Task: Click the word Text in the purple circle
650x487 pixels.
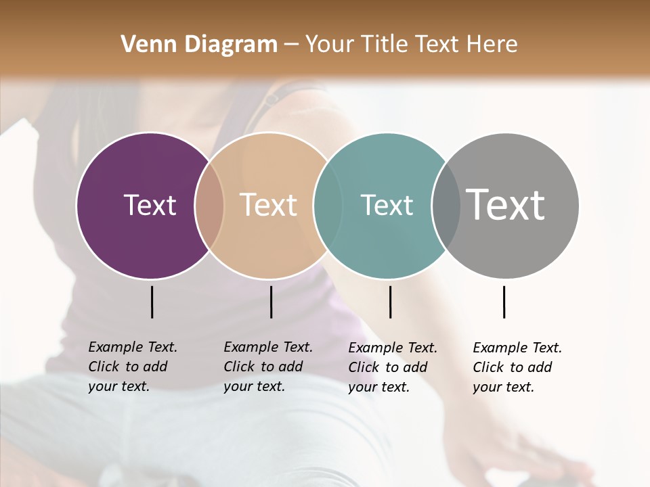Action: click(150, 205)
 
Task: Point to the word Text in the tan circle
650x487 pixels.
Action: click(269, 205)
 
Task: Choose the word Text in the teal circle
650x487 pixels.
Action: click(387, 205)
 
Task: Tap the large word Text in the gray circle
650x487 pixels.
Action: click(505, 204)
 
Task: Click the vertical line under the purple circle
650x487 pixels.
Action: click(152, 302)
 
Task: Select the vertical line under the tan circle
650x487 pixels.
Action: click(271, 302)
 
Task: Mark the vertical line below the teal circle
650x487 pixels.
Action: click(390, 302)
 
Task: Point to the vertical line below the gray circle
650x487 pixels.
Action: click(504, 302)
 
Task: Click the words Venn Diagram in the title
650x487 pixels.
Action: click(199, 45)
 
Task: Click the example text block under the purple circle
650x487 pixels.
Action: click(132, 367)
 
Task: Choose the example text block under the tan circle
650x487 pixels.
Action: click(267, 367)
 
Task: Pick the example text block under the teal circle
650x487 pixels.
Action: click(392, 367)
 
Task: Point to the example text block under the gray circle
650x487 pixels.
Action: click(517, 367)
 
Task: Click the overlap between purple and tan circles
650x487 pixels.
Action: click(209, 205)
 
